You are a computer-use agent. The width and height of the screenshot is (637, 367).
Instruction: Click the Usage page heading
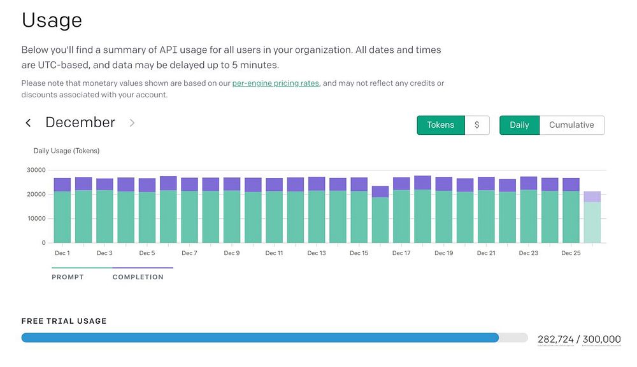point(52,20)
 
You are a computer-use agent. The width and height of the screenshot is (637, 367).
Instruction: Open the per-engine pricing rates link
point(275,83)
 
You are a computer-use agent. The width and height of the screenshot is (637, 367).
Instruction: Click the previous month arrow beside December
point(28,123)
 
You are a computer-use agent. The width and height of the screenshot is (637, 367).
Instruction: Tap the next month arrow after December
point(132,123)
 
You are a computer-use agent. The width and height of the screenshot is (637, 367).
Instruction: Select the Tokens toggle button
point(440,125)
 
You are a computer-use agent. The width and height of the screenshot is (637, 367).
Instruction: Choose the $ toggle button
point(477,125)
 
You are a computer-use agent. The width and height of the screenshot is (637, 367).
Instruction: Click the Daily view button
point(519,125)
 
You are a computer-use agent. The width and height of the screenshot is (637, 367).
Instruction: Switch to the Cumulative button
point(571,125)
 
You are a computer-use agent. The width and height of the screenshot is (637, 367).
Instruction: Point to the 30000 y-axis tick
point(35,170)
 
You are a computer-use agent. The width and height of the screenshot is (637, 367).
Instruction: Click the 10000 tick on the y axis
point(35,219)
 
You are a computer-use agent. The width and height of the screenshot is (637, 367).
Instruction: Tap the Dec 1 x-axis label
point(62,253)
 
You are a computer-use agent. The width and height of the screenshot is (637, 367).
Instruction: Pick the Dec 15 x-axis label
point(359,253)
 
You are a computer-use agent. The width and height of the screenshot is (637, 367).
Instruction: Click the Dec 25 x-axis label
point(571,253)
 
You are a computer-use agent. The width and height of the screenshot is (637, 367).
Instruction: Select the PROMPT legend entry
point(68,277)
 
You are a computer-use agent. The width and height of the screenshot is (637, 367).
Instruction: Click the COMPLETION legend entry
point(138,277)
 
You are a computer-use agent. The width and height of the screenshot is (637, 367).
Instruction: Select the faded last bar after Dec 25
point(592,218)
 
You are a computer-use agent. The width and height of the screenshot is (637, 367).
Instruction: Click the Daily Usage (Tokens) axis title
point(66,151)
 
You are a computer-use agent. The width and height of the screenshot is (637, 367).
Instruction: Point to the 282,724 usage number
point(555,340)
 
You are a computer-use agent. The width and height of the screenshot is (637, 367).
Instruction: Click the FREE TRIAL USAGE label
point(64,321)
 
